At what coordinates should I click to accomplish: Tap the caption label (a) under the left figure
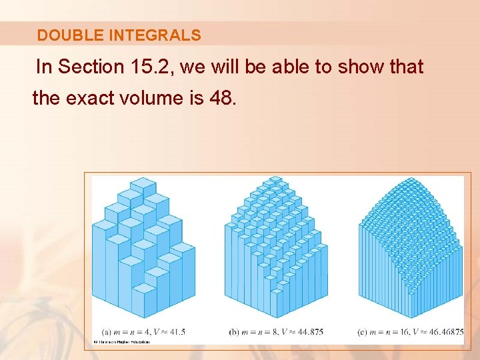(x=107, y=331)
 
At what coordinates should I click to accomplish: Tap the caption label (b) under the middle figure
(x=234, y=331)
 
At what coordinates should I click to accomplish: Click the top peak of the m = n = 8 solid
(x=273, y=180)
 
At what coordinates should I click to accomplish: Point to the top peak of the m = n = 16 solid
(x=409, y=179)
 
